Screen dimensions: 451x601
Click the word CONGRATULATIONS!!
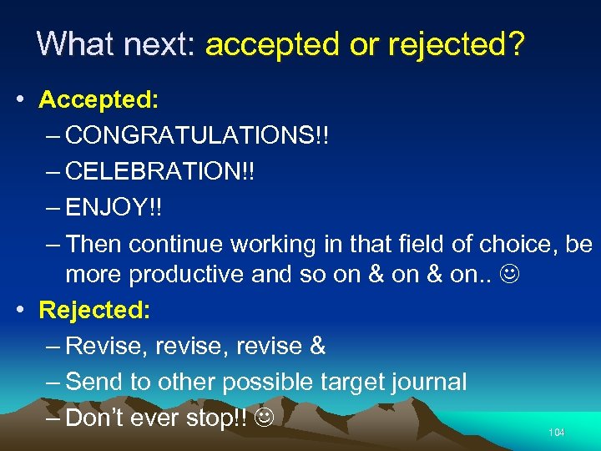click(x=197, y=135)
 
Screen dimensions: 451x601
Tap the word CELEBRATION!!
click(x=160, y=171)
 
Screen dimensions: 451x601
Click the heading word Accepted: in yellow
click(x=98, y=99)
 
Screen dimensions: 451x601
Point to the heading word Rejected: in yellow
click(x=95, y=310)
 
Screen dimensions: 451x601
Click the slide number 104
click(x=557, y=433)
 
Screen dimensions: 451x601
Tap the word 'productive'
click(x=187, y=274)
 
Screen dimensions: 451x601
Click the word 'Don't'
click(x=96, y=418)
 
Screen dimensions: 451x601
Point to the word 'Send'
click(x=94, y=382)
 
